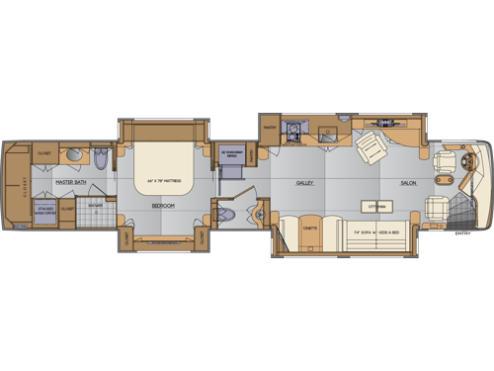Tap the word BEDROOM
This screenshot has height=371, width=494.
pyautogui.click(x=163, y=205)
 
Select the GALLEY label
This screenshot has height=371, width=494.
pyautogui.click(x=303, y=184)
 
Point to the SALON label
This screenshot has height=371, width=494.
pyautogui.click(x=407, y=184)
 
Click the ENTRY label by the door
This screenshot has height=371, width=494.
pyautogui.click(x=460, y=234)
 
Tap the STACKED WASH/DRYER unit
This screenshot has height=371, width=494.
pyautogui.click(x=45, y=210)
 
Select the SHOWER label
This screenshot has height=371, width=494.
pyautogui.click(x=94, y=207)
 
